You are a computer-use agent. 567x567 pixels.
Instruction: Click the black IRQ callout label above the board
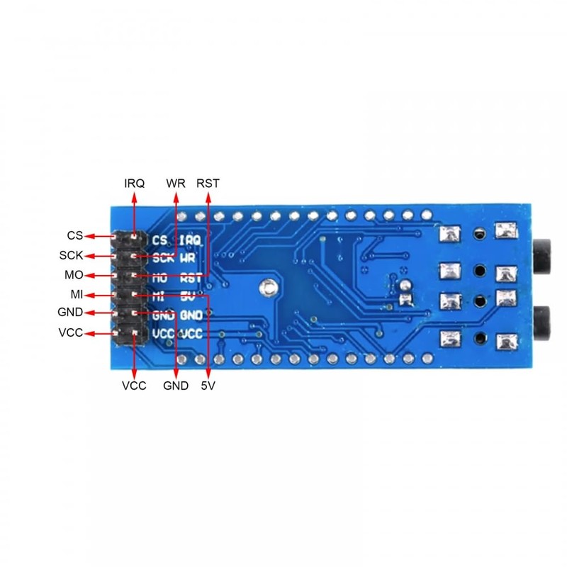[x=135, y=183]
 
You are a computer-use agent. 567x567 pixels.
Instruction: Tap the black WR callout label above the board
[x=176, y=183]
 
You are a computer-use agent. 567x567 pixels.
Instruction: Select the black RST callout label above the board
[x=208, y=183]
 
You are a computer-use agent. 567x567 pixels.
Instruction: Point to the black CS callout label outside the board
[x=75, y=235]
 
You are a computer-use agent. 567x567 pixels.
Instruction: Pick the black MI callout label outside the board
[x=76, y=293]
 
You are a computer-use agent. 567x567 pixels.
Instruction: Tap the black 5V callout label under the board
[x=208, y=386]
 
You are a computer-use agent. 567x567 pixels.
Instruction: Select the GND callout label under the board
[x=176, y=386]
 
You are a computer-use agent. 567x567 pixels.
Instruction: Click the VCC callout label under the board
[x=134, y=386]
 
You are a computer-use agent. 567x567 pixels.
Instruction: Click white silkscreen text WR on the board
[x=188, y=259]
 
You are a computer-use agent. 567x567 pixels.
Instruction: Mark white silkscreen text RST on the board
[x=191, y=279]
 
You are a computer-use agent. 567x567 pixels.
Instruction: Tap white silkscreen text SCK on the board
[x=163, y=259]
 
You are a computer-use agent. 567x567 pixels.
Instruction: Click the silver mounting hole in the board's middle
[x=267, y=287]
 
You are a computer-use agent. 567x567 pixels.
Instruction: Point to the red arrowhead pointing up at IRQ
[x=135, y=196]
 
